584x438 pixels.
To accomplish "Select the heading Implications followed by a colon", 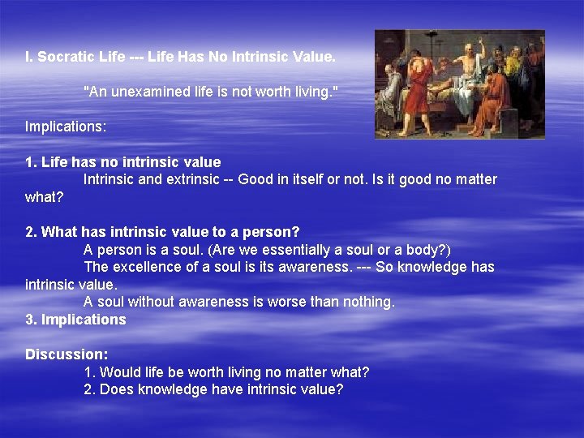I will pyautogui.click(x=66, y=127).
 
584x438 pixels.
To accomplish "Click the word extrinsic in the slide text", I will pyautogui.click(x=195, y=179).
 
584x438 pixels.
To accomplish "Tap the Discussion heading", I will pyautogui.click(x=67, y=354).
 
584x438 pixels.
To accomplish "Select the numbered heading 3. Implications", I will pyautogui.click(x=75, y=320).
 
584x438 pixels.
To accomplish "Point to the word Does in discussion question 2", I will pyautogui.click(x=118, y=390).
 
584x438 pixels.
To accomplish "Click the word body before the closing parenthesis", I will pyautogui.click(x=422, y=250).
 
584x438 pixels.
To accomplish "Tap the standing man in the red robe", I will pyautogui.click(x=418, y=89).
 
